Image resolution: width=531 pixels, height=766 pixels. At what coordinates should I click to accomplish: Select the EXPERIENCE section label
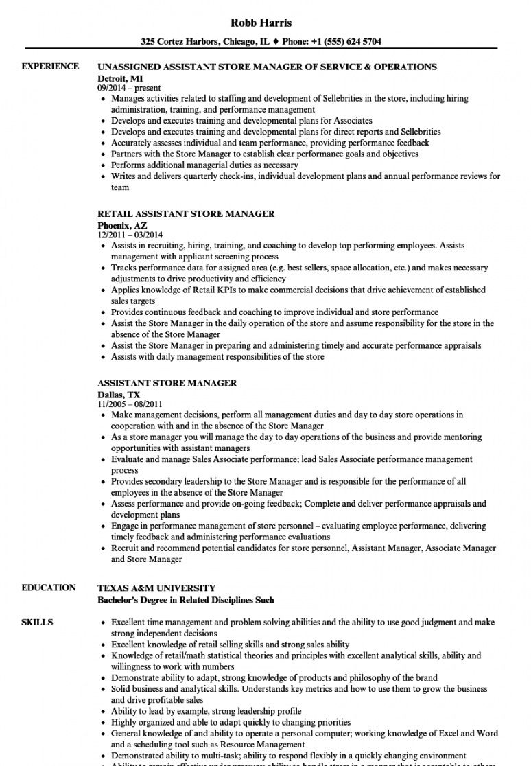point(50,67)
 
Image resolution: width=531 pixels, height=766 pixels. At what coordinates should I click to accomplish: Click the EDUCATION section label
point(49,588)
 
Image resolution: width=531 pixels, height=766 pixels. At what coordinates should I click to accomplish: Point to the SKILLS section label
point(37,623)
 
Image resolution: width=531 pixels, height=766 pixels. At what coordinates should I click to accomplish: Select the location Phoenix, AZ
point(122,224)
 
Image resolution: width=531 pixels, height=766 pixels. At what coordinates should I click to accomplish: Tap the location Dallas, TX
point(119,395)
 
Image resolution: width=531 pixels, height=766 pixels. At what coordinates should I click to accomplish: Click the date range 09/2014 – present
point(129,88)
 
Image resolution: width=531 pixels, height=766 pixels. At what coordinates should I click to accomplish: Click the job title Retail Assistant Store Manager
point(186,213)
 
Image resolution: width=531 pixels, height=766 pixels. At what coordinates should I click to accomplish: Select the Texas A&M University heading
point(156,588)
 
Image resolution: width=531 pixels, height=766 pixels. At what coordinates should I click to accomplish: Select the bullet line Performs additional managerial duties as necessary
point(204,165)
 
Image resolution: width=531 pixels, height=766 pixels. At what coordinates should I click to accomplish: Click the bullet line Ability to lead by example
point(206,711)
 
